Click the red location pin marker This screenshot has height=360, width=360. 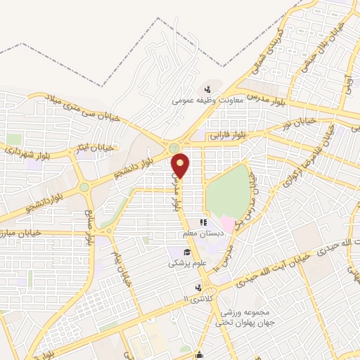181,165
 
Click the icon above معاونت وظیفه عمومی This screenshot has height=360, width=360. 207,89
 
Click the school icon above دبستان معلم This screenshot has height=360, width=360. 203,222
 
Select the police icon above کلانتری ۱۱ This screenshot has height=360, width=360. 198,288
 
